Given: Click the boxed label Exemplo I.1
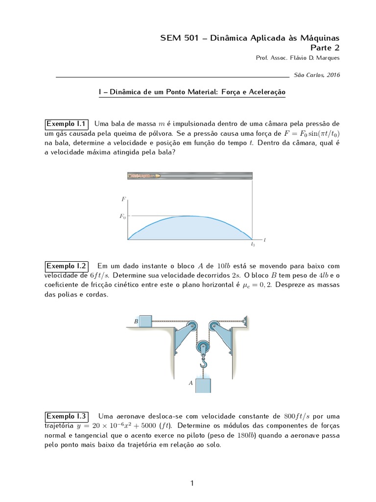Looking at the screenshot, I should click(x=67, y=123).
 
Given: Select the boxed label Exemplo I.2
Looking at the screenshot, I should click(x=67, y=266).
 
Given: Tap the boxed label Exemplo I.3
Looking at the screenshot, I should click(x=67, y=416).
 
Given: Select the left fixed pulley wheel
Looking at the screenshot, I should click(x=191, y=326).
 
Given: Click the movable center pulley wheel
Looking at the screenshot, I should click(x=203, y=348).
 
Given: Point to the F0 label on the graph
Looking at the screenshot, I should click(x=123, y=216).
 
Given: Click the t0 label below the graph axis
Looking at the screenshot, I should click(x=253, y=244).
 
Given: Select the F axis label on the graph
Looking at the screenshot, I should click(x=123, y=199).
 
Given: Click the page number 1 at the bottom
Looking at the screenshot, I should click(x=192, y=483).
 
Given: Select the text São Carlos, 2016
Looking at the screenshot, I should click(x=316, y=75).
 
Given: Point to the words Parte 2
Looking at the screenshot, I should click(x=325, y=48).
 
